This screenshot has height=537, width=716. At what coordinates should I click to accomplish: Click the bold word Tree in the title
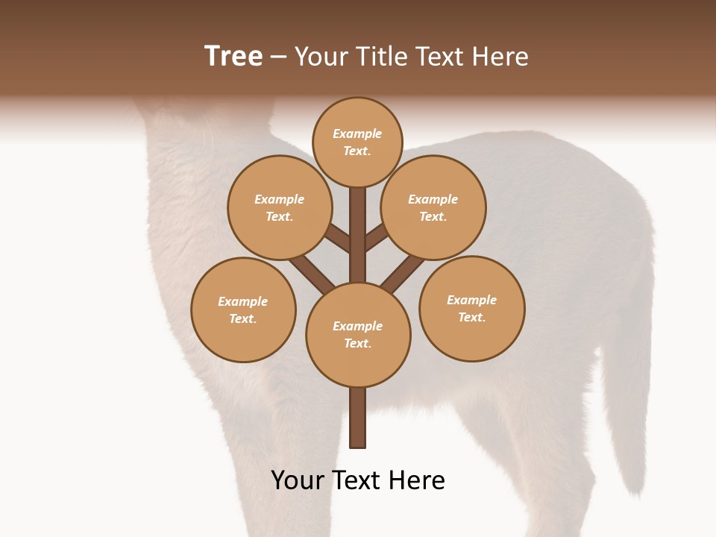pyautogui.click(x=233, y=56)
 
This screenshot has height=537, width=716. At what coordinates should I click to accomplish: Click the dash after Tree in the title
pyautogui.click(x=278, y=57)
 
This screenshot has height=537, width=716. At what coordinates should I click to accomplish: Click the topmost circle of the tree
pyautogui.click(x=357, y=142)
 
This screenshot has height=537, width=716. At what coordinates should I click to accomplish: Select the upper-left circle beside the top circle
pyautogui.click(x=280, y=207)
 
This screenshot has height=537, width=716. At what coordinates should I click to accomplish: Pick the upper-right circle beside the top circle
pyautogui.click(x=433, y=207)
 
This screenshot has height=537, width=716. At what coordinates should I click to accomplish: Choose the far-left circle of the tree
pyautogui.click(x=243, y=310)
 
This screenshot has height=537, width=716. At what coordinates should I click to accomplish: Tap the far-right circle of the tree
pyautogui.click(x=471, y=308)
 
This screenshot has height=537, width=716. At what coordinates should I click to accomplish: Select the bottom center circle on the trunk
pyautogui.click(x=358, y=334)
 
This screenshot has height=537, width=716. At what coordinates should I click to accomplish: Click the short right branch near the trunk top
pyautogui.click(x=376, y=237)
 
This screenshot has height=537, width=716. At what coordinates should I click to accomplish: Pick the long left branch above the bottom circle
pyautogui.click(x=312, y=274)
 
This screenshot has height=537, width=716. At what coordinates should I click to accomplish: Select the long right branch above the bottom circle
pyautogui.click(x=403, y=274)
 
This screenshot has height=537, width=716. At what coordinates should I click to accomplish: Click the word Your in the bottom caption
pyautogui.click(x=298, y=480)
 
